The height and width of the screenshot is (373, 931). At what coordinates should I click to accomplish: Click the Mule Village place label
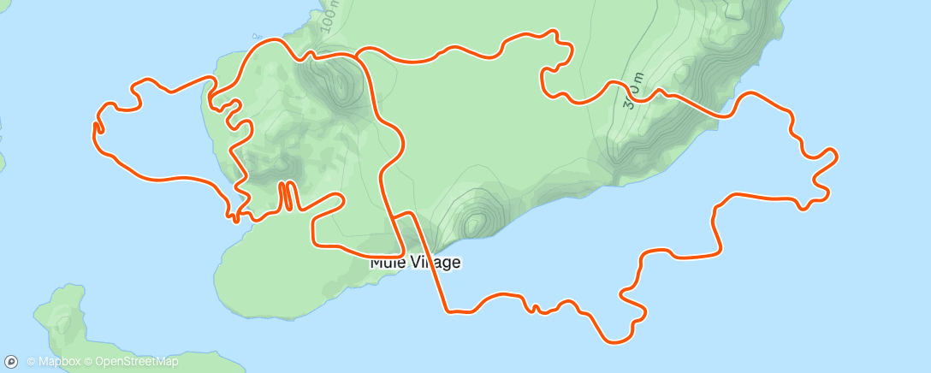tap(415, 263)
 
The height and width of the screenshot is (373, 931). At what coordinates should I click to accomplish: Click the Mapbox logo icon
tap(12, 361)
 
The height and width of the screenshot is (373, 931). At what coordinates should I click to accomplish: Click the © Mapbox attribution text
tap(54, 361)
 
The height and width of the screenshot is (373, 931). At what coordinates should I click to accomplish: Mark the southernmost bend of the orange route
tap(618, 340)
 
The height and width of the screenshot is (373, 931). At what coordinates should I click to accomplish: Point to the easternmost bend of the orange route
tap(835, 156)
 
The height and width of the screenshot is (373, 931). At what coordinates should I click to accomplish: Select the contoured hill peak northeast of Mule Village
tap(473, 222)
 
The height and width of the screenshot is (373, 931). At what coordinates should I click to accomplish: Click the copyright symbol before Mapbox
tap(31, 361)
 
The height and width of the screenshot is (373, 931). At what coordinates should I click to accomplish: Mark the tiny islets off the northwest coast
tap(256, 36)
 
